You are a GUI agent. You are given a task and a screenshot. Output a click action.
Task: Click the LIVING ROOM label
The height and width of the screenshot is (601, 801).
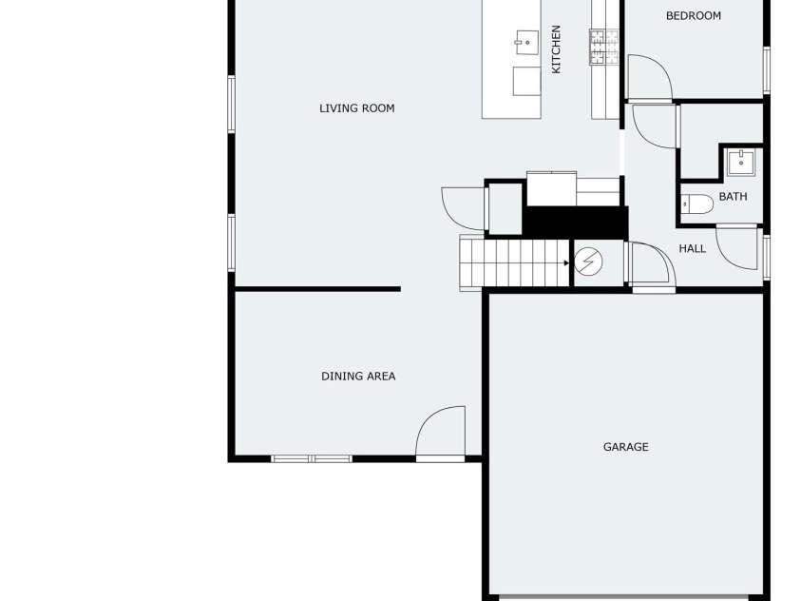point(357,108)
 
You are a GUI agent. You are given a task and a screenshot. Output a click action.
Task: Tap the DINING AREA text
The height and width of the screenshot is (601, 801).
point(358,377)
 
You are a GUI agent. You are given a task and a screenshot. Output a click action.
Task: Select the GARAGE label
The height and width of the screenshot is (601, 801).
point(626,447)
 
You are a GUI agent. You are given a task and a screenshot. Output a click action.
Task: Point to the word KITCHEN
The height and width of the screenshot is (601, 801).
point(556,49)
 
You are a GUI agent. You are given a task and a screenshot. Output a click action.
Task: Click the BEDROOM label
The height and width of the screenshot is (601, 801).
point(694,16)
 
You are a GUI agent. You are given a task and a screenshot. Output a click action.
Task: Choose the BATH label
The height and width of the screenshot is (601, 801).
point(733,197)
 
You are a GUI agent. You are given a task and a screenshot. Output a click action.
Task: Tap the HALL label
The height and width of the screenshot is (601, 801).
point(692,249)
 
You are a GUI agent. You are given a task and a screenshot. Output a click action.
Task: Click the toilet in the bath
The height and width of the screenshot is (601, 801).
point(697,204)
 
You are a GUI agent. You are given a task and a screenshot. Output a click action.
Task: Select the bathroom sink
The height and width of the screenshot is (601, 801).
point(741,163)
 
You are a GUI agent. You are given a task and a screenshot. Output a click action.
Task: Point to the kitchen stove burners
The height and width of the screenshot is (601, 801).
point(604,47)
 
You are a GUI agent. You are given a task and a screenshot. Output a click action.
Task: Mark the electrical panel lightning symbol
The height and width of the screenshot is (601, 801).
point(588,262)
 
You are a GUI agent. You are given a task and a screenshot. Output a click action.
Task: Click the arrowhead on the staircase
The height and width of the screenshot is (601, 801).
point(566,263)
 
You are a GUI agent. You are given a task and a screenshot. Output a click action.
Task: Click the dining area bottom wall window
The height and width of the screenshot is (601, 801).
point(312,459)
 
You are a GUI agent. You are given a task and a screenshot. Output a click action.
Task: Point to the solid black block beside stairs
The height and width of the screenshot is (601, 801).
point(575,223)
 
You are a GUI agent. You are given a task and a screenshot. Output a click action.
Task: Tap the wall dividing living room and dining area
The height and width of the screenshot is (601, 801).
point(317,289)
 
